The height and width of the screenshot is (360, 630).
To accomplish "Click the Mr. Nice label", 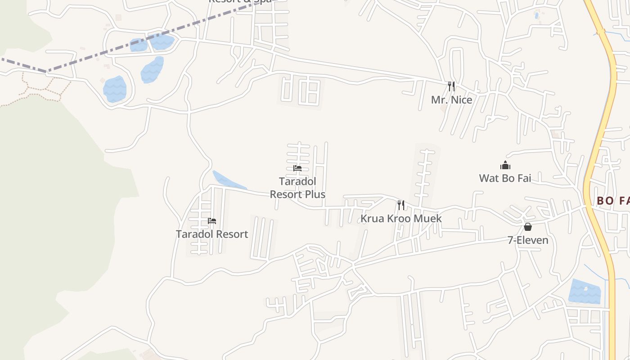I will pyautogui.click(x=451, y=100).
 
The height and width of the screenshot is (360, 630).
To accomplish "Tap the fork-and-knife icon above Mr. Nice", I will pyautogui.click(x=451, y=86).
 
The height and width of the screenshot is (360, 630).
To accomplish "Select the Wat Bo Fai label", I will pyautogui.click(x=505, y=178).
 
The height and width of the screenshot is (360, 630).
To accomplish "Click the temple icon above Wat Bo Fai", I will pyautogui.click(x=505, y=166).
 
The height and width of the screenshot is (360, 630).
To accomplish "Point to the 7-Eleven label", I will pyautogui.click(x=528, y=240).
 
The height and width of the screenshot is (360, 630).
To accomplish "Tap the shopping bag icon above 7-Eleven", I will pyautogui.click(x=528, y=227).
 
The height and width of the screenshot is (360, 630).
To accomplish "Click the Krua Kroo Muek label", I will pyautogui.click(x=401, y=219).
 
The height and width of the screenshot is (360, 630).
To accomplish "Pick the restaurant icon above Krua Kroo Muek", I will pyautogui.click(x=401, y=205).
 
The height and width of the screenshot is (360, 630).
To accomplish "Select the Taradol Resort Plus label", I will pyautogui.click(x=297, y=188).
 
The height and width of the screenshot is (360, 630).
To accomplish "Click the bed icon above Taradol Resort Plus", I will pyautogui.click(x=297, y=168).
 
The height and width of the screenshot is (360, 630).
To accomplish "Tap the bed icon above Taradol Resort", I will pyautogui.click(x=212, y=220).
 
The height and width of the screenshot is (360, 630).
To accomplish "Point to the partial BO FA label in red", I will pyautogui.click(x=612, y=201).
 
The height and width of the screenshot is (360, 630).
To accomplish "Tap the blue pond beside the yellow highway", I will pyautogui.click(x=585, y=292).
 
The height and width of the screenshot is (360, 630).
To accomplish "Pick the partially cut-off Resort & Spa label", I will pyautogui.click(x=240, y=1).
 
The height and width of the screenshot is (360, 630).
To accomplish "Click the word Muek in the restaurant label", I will pyautogui.click(x=427, y=219).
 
